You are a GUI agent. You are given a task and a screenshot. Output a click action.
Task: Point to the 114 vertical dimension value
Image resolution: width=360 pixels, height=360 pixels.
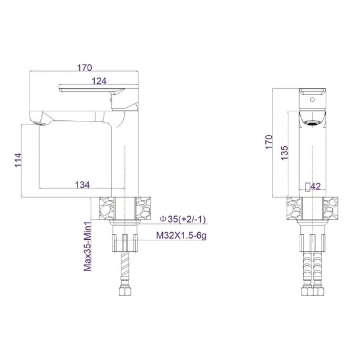coord(17,161)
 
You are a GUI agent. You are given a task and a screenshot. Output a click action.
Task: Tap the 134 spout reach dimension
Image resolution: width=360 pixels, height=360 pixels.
coord(82,185)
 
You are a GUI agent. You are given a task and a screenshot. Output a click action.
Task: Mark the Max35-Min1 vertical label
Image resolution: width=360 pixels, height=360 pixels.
coord(87,246)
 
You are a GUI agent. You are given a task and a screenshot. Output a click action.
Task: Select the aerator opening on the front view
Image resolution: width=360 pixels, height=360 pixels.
coord(311,123)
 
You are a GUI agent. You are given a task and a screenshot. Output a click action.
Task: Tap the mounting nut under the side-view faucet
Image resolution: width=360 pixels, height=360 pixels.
coord(125,241)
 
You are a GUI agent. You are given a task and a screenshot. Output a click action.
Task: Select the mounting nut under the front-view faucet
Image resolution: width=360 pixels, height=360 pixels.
coord(311,241)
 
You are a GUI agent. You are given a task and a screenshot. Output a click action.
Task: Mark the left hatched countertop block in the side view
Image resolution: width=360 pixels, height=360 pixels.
coord(105,209)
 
